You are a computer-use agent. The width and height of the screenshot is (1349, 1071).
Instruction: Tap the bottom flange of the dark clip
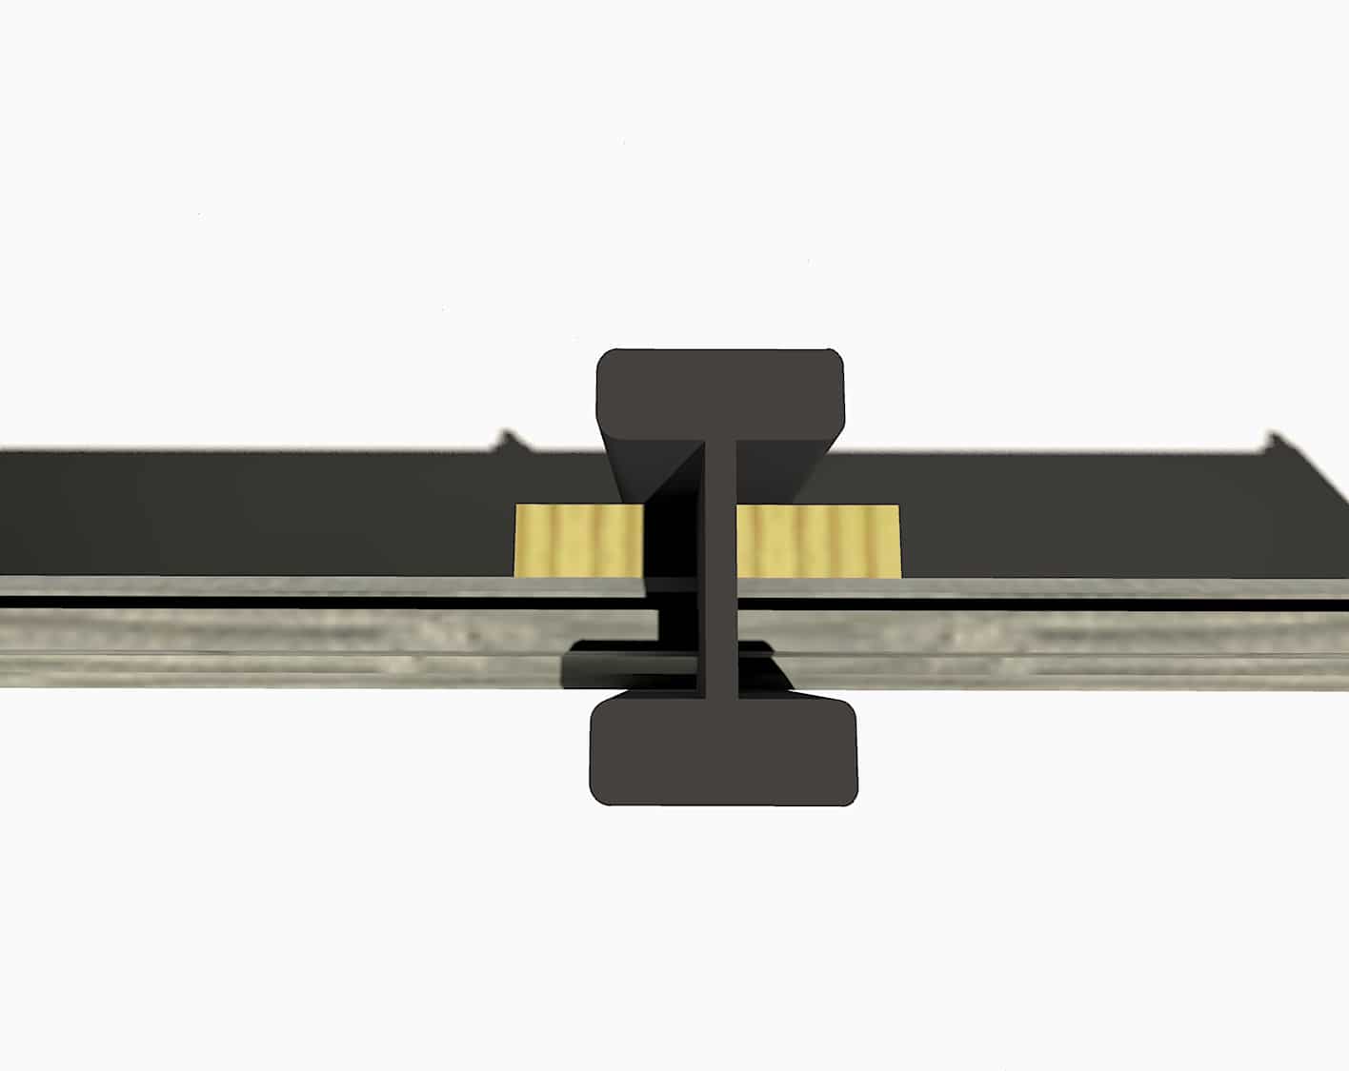722,752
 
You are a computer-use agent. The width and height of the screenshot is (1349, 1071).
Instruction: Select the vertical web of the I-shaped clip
719,571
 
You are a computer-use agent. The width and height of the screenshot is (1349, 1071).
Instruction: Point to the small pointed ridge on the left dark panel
509,440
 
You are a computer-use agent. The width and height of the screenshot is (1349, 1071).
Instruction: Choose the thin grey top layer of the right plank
1048,587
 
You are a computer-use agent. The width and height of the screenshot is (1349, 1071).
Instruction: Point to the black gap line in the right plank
1048,604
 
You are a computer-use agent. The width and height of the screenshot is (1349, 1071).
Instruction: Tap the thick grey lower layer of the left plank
286,647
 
